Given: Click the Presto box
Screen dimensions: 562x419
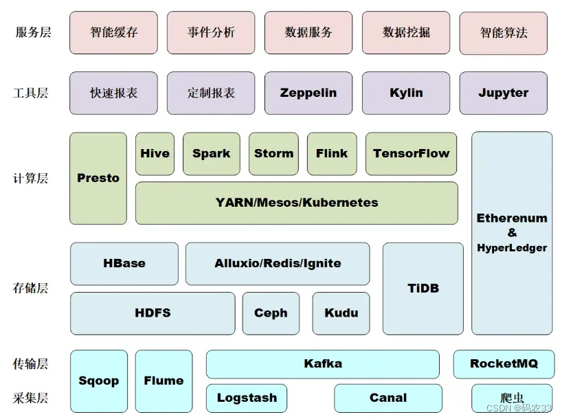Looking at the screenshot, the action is [98, 179].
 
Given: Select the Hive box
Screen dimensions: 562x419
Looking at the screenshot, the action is [155, 154].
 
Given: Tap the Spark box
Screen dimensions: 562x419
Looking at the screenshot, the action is [212, 154].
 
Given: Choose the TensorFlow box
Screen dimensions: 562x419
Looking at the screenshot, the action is [411, 154].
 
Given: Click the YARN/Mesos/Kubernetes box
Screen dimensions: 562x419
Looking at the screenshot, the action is [297, 203].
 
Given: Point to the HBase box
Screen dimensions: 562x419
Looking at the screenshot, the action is [124, 264].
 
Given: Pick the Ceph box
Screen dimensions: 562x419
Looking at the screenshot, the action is [271, 313].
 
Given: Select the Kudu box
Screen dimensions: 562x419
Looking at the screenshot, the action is [341, 313].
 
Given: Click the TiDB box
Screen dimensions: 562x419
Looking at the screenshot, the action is [423, 288].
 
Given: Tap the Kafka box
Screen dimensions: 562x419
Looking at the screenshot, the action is [323, 364].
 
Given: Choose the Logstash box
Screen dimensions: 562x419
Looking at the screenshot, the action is [247, 398].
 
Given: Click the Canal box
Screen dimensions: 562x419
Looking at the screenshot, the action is [388, 398].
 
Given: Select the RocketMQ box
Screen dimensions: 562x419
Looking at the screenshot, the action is [504, 364].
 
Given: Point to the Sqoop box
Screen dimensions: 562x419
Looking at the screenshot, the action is [99, 381].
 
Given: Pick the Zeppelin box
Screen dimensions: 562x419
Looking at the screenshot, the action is [308, 93].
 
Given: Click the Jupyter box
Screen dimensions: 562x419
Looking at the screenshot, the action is [503, 93].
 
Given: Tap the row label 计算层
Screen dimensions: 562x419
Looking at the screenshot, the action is [30, 178].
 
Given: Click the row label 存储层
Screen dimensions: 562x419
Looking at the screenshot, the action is [30, 288].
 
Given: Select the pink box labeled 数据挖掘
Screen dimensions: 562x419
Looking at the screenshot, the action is [406, 32].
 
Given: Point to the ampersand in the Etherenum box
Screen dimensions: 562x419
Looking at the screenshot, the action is [512, 233].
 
